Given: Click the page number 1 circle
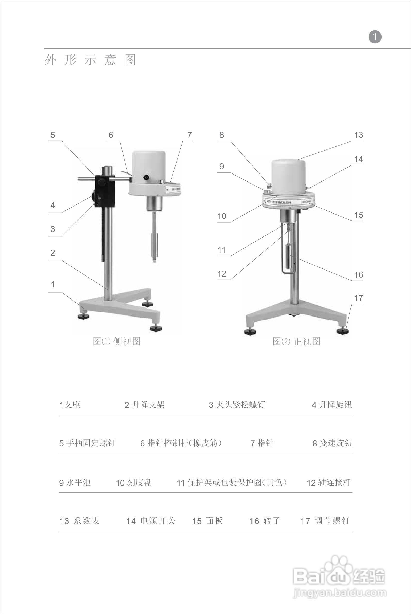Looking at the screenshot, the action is (x=375, y=37).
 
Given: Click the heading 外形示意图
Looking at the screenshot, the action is (x=90, y=60).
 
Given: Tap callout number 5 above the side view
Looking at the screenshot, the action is (x=53, y=135).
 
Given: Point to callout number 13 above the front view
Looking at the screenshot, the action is (x=358, y=135).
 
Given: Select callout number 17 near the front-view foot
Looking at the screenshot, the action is (x=358, y=298).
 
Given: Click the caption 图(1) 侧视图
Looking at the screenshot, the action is (x=116, y=342).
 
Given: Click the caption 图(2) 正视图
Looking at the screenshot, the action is (x=296, y=342).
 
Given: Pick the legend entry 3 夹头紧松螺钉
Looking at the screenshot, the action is (x=236, y=405).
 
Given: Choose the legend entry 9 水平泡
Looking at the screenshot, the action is (x=75, y=483).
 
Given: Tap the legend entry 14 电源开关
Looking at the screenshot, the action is (x=151, y=521).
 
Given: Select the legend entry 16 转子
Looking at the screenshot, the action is (x=265, y=521).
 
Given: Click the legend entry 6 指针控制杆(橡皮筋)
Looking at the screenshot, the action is (x=181, y=443).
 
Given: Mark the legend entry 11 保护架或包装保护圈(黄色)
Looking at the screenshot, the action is (x=232, y=483).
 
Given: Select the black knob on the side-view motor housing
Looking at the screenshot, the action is (x=146, y=178).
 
